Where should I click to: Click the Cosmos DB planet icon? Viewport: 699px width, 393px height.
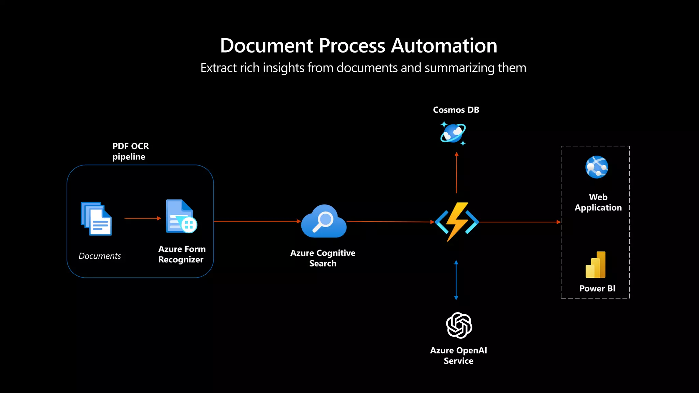tap(453, 133)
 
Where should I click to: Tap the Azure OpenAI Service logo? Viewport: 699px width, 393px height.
tap(459, 325)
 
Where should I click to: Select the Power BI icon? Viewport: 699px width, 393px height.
tap(596, 265)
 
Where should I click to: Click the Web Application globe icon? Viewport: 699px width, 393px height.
tap(597, 167)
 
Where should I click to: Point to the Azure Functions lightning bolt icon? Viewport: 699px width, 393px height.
tap(457, 222)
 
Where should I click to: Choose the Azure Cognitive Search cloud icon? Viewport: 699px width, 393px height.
tap(324, 221)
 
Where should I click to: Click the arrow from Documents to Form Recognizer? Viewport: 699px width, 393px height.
tap(143, 218)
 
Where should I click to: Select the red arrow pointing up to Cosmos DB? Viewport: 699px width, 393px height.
tap(456, 173)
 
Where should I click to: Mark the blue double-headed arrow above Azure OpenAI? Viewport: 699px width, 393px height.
tap(456, 280)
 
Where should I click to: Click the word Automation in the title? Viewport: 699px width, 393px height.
tap(444, 46)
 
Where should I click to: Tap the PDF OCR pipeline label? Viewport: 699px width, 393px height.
tap(130, 151)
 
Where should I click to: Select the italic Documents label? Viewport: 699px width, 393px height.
tap(100, 256)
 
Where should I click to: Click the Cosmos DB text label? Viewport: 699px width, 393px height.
tap(456, 110)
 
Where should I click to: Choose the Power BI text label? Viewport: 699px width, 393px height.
tap(597, 289)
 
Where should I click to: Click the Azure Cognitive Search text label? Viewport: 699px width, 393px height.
tap(323, 258)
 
